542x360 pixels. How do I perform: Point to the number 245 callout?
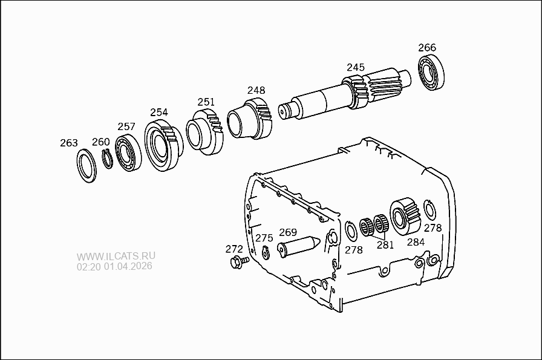point(356,67)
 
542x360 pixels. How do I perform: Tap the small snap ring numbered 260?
point(107,159)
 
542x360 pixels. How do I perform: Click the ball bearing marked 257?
point(128,154)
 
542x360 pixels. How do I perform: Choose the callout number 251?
point(206,102)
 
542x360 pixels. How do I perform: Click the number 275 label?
point(264,238)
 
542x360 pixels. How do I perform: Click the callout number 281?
point(385,245)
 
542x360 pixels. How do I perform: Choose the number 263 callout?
point(69,143)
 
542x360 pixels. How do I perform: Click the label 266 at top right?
point(427,48)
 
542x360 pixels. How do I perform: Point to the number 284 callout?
point(416,242)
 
